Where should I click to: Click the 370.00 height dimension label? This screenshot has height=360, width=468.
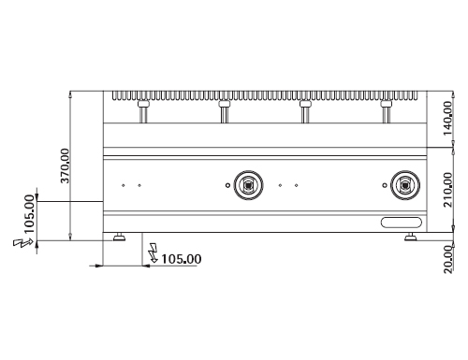(66, 166)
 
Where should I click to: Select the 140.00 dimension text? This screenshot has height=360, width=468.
(447, 118)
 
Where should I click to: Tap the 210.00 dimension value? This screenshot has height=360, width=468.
(447, 190)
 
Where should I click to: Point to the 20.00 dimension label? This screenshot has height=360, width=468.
(447, 259)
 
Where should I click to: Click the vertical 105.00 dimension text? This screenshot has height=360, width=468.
(29, 214)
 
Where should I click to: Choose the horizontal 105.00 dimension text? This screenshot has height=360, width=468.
(182, 259)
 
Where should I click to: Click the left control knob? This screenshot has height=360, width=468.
(248, 185)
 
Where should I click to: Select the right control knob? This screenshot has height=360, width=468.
(405, 185)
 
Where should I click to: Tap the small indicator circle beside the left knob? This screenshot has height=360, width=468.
(227, 185)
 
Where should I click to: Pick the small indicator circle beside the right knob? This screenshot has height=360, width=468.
(385, 185)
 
